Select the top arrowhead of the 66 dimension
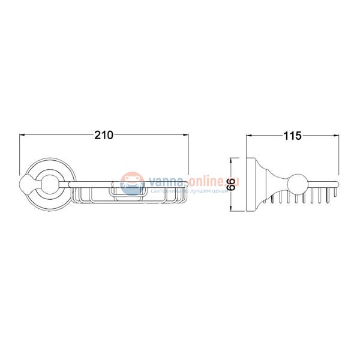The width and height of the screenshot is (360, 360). pos(232,160)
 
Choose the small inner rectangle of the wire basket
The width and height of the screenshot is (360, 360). pos(128,192)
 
